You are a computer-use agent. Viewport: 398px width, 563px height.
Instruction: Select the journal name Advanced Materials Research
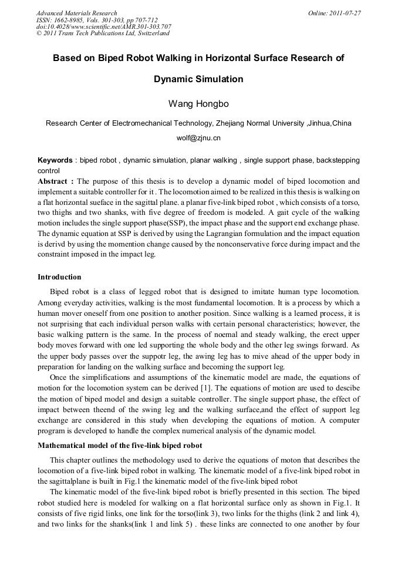[x=77, y=13]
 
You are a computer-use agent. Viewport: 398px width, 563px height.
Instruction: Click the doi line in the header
[x=104, y=26]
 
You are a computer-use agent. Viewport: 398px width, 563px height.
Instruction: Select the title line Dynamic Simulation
[x=198, y=79]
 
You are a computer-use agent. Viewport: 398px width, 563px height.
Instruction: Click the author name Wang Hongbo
[x=198, y=104]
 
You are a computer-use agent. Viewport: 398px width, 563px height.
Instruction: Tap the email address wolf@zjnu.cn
[x=198, y=139]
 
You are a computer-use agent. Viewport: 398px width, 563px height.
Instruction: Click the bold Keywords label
[x=55, y=160]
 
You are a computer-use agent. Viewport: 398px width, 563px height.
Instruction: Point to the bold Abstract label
[x=56, y=181]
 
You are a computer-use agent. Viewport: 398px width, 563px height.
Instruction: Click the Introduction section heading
[x=59, y=277]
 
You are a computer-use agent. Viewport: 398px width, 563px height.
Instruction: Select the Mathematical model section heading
[x=120, y=446]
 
